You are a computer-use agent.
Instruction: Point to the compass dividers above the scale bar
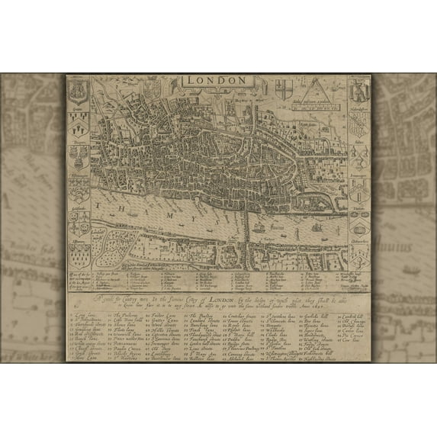(x=315, y=88)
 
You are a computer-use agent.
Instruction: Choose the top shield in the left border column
(x=80, y=92)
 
